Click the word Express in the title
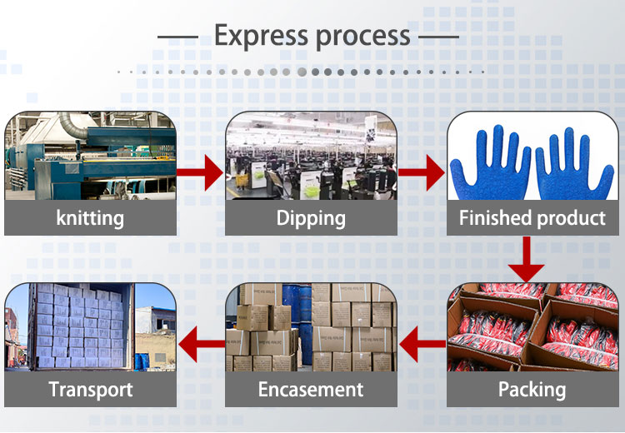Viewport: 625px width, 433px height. click(260, 36)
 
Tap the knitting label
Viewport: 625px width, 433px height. click(90, 219)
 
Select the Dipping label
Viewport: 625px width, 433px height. click(311, 219)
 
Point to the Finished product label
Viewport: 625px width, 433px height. click(532, 219)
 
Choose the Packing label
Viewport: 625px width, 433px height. click(532, 389)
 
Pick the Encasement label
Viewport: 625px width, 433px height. click(311, 389)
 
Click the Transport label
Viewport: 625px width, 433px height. click(90, 389)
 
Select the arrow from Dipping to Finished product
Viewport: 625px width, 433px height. click(422, 173)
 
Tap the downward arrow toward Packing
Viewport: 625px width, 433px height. click(527, 260)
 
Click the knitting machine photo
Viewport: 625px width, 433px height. click(90, 158)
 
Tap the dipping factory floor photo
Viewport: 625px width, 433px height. click(311, 158)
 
